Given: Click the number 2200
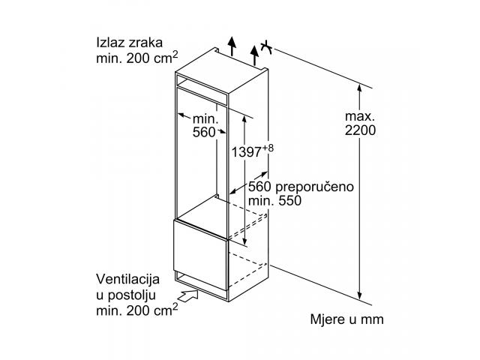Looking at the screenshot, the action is click(x=360, y=130).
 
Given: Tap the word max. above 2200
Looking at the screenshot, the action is click(x=360, y=116).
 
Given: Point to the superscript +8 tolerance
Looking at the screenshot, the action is click(x=267, y=148).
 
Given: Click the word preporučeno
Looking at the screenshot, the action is click(x=314, y=187).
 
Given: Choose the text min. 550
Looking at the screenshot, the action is click(x=274, y=201).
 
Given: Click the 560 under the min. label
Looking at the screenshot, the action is click(x=204, y=132).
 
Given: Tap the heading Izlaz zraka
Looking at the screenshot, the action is click(x=130, y=43).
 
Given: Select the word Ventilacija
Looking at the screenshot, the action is click(x=128, y=279).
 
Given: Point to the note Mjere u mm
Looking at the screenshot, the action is click(x=346, y=319).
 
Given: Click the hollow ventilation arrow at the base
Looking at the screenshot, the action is click(x=187, y=296).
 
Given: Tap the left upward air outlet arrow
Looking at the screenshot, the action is click(x=232, y=46).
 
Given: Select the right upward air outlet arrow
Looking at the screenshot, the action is click(x=254, y=55).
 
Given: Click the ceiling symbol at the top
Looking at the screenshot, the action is click(x=266, y=47).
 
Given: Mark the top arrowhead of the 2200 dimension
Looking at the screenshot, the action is click(x=360, y=88).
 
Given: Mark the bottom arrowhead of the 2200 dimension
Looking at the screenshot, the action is click(x=360, y=295).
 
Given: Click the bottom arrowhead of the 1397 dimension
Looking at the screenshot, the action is click(x=244, y=241).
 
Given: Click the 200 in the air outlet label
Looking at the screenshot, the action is click(x=138, y=58).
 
